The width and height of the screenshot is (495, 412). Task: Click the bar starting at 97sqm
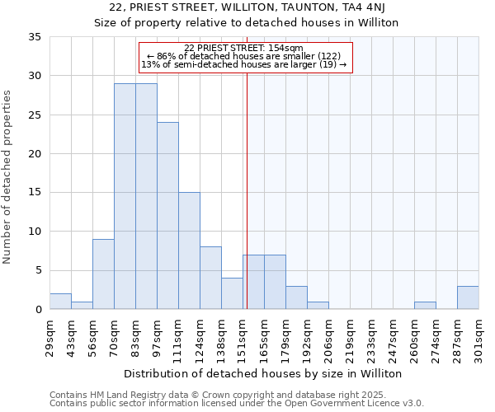167,216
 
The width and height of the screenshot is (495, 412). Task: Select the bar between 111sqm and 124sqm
189,250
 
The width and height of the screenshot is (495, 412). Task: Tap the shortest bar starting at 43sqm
82,305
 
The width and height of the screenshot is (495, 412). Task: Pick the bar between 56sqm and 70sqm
103,274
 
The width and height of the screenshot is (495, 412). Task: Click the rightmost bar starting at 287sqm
468,297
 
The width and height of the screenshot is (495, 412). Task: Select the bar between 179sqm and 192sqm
296,297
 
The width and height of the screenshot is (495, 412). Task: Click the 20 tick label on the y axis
35,154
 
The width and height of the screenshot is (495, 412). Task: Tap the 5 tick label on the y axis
38,270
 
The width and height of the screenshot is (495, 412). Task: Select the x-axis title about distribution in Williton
264,373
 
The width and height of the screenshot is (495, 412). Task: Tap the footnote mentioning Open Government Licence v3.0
237,404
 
